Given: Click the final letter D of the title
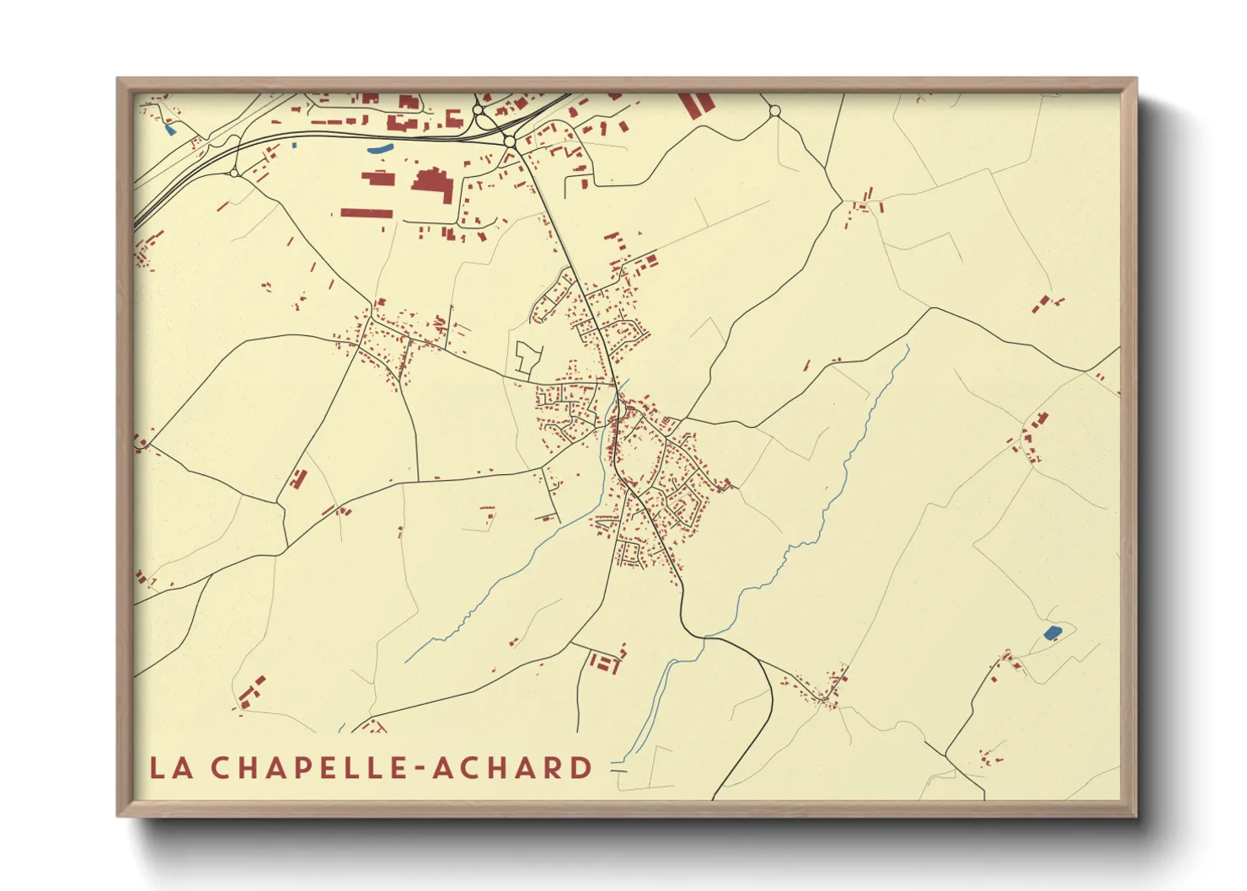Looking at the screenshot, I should tap(581, 768).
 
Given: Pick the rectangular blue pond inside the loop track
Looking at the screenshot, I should tap(1052, 632).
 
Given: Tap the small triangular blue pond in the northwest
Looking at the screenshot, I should tap(169, 130).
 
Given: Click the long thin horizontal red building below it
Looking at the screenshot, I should tap(367, 213).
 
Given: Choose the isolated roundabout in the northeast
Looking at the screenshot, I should tap(775, 111).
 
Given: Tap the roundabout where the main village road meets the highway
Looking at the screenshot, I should tap(511, 141).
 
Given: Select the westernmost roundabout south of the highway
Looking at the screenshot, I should tap(234, 173).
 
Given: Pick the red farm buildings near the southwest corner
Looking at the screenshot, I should tap(250, 691).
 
